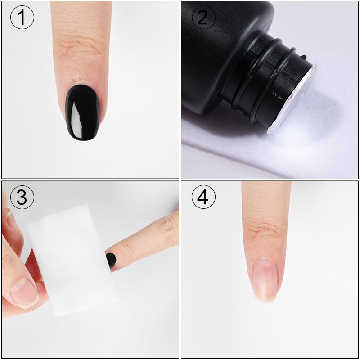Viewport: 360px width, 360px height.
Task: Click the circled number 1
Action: pyautogui.click(x=22, y=18)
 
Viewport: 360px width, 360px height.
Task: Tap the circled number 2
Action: pyautogui.click(x=203, y=18)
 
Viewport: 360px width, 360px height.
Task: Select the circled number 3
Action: pyautogui.click(x=22, y=198)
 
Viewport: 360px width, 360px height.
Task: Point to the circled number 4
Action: pyautogui.click(x=203, y=198)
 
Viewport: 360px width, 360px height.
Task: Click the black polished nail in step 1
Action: pyautogui.click(x=82, y=112)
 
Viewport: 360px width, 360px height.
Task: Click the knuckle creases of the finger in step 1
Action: pyautogui.click(x=81, y=45)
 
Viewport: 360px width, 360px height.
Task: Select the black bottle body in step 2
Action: pyautogui.click(x=211, y=49)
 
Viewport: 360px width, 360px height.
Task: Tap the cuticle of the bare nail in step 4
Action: pyautogui.click(x=265, y=260)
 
